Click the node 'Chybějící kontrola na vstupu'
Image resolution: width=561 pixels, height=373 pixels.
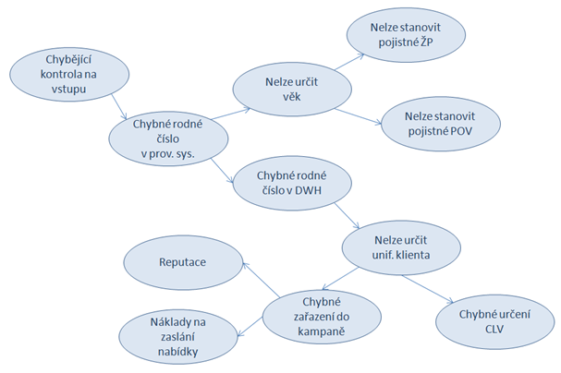click(x=69, y=74)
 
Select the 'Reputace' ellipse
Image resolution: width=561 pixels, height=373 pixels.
click(x=183, y=262)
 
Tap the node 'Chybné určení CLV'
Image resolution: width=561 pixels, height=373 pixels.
click(x=494, y=321)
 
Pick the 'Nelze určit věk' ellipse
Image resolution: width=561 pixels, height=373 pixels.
click(x=292, y=90)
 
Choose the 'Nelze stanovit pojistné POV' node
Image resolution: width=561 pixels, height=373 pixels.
click(x=441, y=124)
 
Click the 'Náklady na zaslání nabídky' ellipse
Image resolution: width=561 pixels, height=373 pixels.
click(x=178, y=337)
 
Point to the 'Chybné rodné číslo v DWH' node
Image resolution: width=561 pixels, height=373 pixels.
click(x=292, y=183)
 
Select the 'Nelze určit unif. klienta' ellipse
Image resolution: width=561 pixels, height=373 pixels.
click(x=401, y=247)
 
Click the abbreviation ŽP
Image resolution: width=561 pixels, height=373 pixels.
click(x=426, y=42)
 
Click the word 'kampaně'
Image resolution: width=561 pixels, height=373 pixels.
click(x=322, y=331)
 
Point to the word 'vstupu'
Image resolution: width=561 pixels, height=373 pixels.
click(x=68, y=90)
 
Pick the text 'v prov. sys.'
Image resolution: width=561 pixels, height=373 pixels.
click(x=168, y=154)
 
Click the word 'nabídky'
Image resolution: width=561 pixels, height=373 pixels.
click(x=177, y=352)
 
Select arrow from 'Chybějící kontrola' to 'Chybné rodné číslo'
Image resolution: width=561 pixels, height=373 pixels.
click(x=119, y=106)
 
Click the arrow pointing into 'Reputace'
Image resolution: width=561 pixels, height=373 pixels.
click(x=262, y=280)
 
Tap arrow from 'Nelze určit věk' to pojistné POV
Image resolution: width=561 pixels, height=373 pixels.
click(x=359, y=116)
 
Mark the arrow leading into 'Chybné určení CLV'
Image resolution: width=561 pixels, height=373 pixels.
click(x=427, y=289)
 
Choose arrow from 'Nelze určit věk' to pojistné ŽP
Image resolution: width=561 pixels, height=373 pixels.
click(x=349, y=62)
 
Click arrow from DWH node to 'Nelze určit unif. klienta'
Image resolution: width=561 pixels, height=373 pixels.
click(x=347, y=216)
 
